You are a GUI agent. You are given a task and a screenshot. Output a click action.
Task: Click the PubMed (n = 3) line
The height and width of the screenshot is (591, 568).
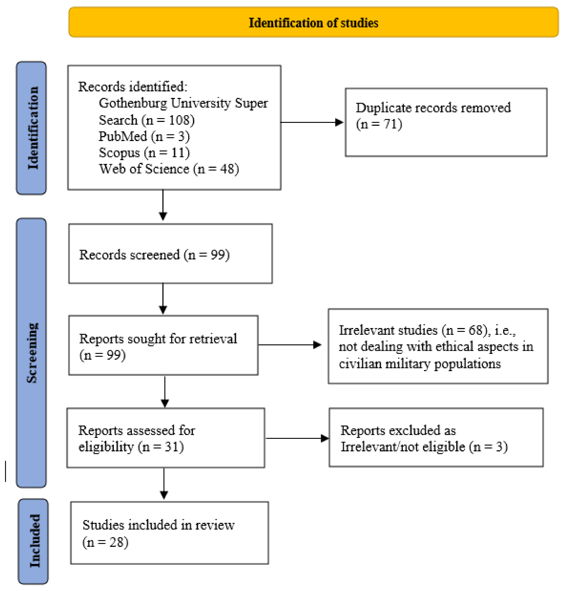pos(144,136)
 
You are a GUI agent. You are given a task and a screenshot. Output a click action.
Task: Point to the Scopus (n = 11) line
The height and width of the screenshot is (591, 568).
pos(144,153)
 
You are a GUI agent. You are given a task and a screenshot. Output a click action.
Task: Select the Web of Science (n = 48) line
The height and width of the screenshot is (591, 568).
pos(169,169)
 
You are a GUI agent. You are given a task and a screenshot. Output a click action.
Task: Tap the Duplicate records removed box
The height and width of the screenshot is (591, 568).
pos(446,122)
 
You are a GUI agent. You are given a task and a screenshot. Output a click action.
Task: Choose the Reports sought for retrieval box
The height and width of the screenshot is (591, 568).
pos(163,345)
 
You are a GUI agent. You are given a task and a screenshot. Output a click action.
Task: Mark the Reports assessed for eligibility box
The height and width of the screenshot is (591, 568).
pos(166,438)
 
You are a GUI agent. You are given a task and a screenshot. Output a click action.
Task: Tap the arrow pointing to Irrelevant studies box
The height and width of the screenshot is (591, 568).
pos(290,345)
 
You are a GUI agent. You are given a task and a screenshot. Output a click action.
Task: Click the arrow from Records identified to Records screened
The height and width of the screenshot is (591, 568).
pos(163,205)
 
